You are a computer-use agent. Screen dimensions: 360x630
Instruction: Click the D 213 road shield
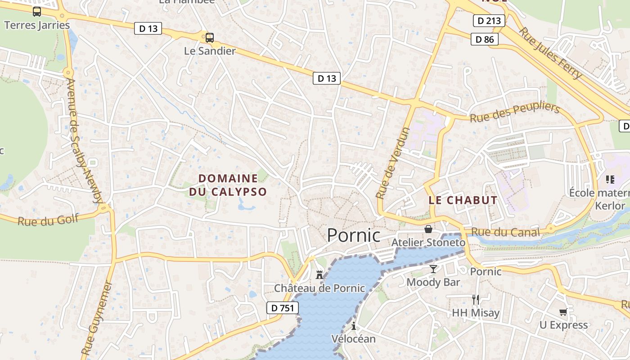click(x=489, y=20)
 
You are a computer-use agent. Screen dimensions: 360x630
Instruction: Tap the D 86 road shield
click(x=485, y=39)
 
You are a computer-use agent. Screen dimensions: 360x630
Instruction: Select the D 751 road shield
click(x=283, y=308)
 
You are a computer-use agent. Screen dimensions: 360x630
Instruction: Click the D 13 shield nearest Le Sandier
click(x=148, y=28)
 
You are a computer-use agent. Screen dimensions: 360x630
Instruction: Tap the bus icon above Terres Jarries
click(x=37, y=12)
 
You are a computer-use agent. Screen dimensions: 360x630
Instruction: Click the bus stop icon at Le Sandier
click(x=209, y=38)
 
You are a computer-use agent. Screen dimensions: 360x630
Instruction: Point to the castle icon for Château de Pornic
click(x=319, y=274)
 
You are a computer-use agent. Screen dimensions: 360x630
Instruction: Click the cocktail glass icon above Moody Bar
click(x=433, y=269)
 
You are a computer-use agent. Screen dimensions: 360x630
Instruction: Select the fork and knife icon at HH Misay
click(x=475, y=299)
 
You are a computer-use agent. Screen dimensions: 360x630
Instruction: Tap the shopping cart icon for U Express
click(x=563, y=312)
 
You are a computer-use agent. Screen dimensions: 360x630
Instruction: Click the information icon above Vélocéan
click(x=354, y=326)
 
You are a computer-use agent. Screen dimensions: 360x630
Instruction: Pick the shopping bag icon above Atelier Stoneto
click(x=428, y=229)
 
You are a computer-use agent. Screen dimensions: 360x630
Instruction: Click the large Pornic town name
click(x=353, y=235)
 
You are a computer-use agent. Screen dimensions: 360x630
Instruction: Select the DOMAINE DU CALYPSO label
click(x=228, y=185)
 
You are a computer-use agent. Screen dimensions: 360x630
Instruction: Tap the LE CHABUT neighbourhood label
click(x=463, y=200)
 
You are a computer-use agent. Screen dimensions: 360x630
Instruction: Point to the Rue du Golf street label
click(x=48, y=220)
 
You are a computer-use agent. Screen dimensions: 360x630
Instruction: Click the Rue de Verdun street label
click(x=393, y=163)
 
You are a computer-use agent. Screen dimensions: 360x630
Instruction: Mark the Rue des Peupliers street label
click(x=514, y=113)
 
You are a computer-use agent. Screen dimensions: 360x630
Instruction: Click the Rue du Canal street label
click(x=505, y=232)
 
